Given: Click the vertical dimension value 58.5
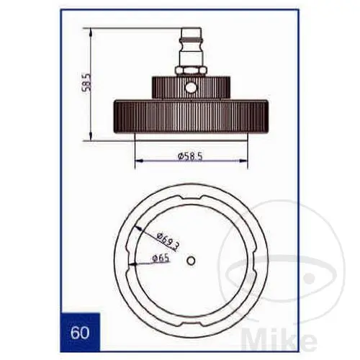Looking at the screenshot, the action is coord(86,84).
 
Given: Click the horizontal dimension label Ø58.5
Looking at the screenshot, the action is coord(190,156).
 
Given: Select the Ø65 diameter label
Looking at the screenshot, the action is coord(161,258).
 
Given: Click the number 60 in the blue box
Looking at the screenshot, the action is coord(80,333).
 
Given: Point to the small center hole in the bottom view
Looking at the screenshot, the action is coord(191,261).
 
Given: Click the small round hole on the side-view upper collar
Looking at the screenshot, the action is coord(191,88).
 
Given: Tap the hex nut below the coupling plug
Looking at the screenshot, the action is coord(191,71).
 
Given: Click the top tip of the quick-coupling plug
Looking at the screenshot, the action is coord(191,28).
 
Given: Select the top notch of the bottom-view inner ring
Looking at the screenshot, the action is coord(191,197).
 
